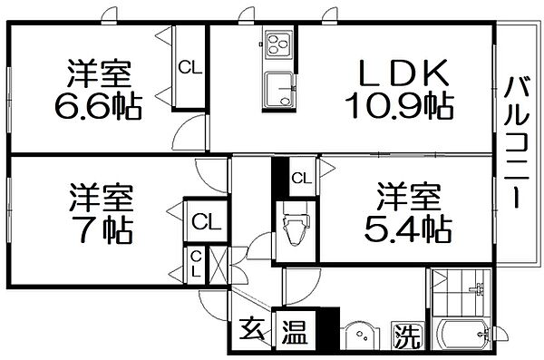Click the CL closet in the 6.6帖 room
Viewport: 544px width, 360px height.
pos(189,66)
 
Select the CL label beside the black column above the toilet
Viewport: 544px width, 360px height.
pos(301,178)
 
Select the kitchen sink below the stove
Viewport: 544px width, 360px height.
pos(277,91)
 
